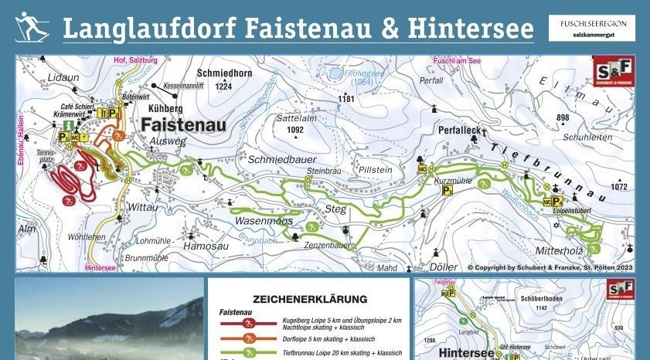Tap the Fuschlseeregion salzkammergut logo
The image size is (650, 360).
[594, 29]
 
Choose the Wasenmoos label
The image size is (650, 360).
[264, 221]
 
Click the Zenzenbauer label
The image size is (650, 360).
[328, 245]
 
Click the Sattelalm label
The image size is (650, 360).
[297, 119]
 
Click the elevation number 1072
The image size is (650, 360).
[619, 187]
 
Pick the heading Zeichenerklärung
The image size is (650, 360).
[309, 299]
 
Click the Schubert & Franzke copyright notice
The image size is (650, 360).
[550, 267]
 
